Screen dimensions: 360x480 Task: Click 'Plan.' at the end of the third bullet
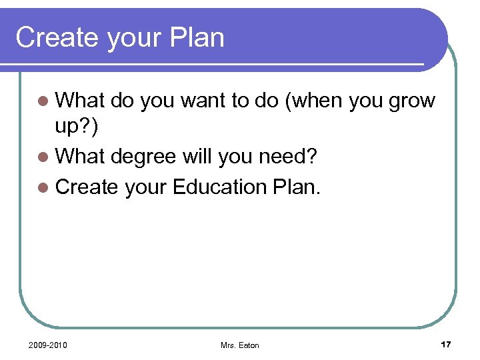pyautogui.click(x=297, y=187)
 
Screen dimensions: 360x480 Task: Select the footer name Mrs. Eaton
pyautogui.click(x=239, y=345)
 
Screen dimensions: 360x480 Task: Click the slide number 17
pyautogui.click(x=446, y=344)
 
